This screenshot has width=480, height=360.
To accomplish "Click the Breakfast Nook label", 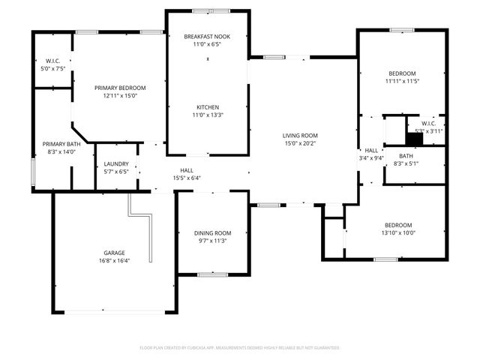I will (x=207, y=35).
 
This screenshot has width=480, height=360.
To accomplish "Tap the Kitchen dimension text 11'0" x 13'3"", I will (x=207, y=115).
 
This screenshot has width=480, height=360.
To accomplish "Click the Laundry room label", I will (x=115, y=163).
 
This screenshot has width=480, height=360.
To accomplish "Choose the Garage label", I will (x=115, y=253).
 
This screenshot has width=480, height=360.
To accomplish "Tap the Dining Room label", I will (x=212, y=233).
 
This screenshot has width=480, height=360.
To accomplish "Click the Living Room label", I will (x=301, y=135).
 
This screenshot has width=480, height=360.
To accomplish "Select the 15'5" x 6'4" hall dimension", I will (x=187, y=178).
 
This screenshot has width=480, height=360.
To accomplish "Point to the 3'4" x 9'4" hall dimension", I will (x=371, y=158).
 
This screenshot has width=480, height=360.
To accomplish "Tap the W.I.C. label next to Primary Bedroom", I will (x=52, y=61).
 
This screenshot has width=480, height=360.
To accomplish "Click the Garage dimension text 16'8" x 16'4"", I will (x=115, y=261).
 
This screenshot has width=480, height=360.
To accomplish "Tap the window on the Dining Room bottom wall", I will (x=213, y=274).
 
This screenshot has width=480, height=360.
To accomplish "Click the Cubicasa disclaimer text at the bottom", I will (x=240, y=348).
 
